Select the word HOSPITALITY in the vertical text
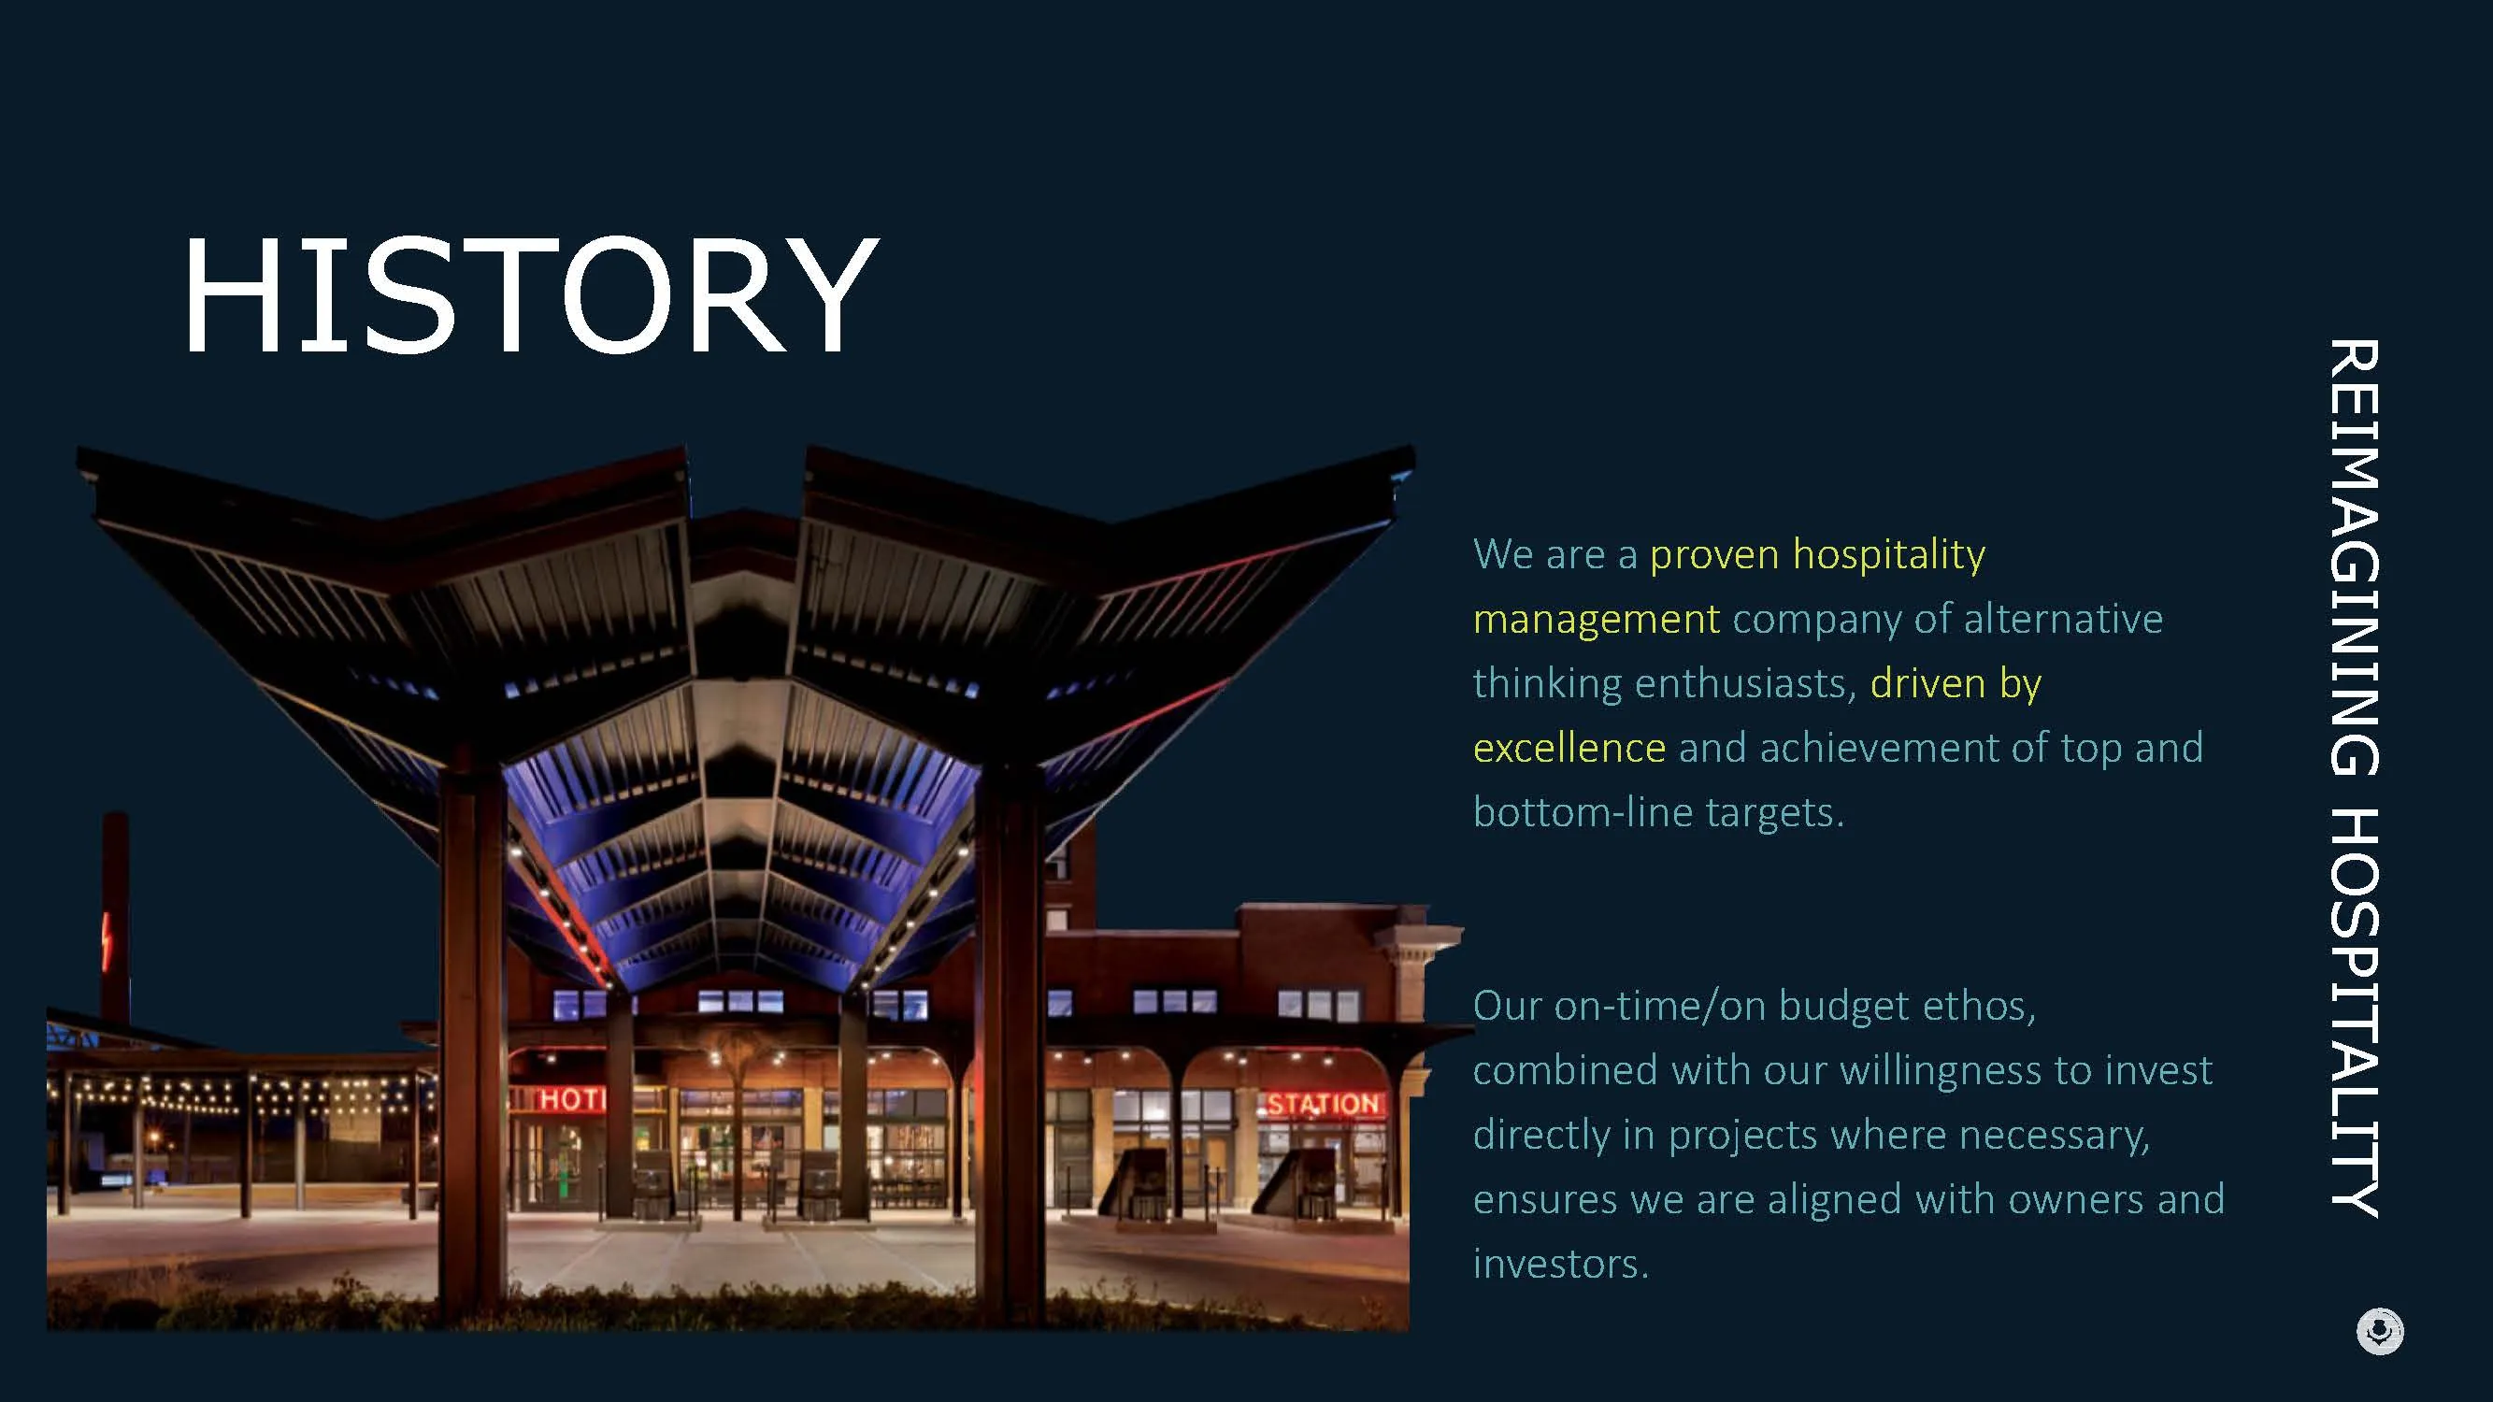pyautogui.click(x=2354, y=1012)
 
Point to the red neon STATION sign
pyautogui.click(x=1323, y=1104)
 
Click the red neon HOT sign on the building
pyautogui.click(x=572, y=1099)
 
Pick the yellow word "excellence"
pyautogui.click(x=1569, y=748)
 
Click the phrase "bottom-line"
pyautogui.click(x=1583, y=812)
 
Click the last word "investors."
pyautogui.click(x=1560, y=1265)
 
